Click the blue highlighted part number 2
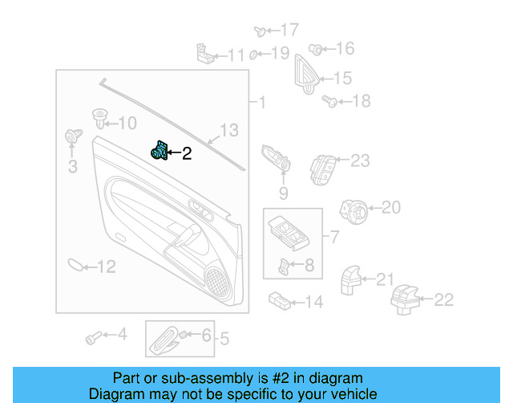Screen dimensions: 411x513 (160, 151)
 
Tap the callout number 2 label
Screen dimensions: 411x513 (187, 153)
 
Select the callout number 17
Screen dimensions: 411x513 (289, 31)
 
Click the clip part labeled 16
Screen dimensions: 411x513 (316, 50)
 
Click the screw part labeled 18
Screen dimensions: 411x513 (329, 100)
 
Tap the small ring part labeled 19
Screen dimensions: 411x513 (253, 55)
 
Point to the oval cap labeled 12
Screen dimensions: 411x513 (74, 265)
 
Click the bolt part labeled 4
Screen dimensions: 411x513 (92, 337)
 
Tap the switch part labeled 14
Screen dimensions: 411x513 (280, 300)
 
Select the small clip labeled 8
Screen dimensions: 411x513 (284, 265)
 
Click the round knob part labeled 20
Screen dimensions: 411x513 (354, 210)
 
